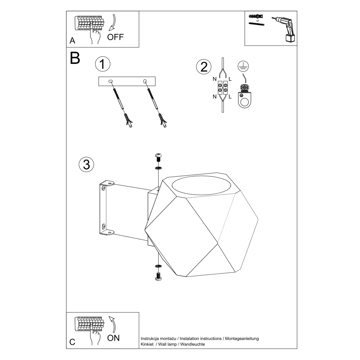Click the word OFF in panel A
pyautogui.click(x=115, y=37)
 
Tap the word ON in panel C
pyautogui.click(x=113, y=338)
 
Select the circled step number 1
pyautogui.click(x=103, y=64)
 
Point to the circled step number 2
pyautogui.click(x=204, y=67)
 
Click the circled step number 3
pyautogui.click(x=86, y=165)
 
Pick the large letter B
pyautogui.click(x=75, y=58)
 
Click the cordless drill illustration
pyautogui.click(x=284, y=29)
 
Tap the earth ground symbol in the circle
pyautogui.click(x=243, y=66)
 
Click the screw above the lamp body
pyautogui.click(x=158, y=157)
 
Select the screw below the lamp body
pyautogui.click(x=158, y=277)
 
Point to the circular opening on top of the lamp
pyautogui.click(x=201, y=185)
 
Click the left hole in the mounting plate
pyautogui.click(x=111, y=81)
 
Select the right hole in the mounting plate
pyautogui.click(x=145, y=81)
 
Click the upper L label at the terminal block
pyautogui.click(x=230, y=79)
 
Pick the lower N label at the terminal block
pyautogui.click(x=214, y=97)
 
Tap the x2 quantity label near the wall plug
pyautogui.click(x=257, y=21)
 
